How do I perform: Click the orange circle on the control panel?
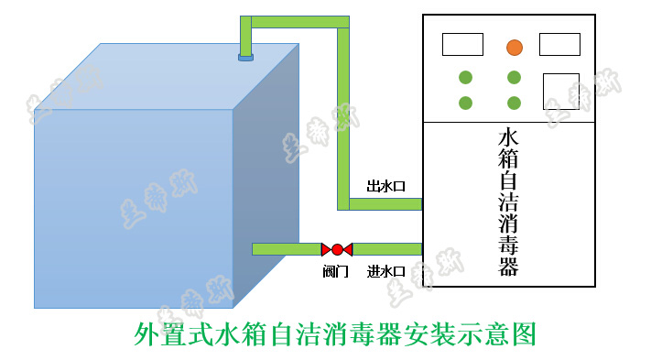point(515,47)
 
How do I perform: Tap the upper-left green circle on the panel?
point(465,77)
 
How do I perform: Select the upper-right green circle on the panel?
point(515,77)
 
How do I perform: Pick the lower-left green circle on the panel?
point(465,103)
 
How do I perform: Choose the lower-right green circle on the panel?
point(515,103)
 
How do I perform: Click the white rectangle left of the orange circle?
point(462,44)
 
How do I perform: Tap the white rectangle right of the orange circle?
point(559,44)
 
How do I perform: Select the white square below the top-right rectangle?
point(561,91)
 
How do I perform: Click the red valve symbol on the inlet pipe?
point(337,249)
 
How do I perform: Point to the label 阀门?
point(336,271)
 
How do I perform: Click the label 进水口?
point(385,271)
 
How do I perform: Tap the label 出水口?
point(385,186)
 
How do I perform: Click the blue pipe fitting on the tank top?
point(245,57)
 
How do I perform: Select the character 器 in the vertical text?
point(508,267)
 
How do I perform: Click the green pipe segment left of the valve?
point(286,249)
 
